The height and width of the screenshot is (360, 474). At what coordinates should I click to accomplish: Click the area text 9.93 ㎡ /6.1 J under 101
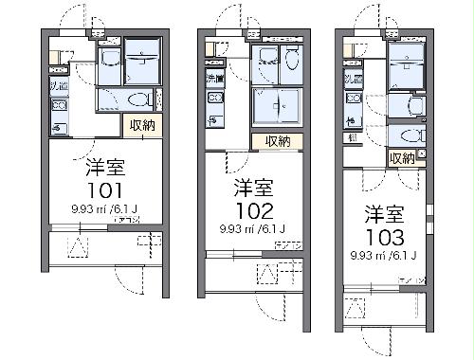(x=104, y=209)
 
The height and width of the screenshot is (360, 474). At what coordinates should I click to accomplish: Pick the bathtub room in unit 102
(x=277, y=107)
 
